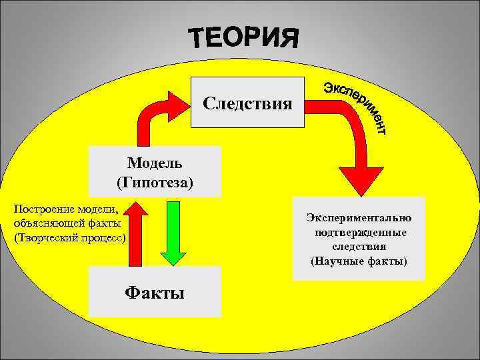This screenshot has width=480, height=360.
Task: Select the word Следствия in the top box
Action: click(x=248, y=103)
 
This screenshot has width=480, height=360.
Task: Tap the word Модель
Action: click(x=155, y=163)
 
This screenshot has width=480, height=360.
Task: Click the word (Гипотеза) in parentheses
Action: click(x=155, y=181)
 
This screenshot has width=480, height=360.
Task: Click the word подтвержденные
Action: click(x=360, y=232)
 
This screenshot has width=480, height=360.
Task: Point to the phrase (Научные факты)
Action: click(x=360, y=261)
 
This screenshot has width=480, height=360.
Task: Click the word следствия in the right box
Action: click(x=360, y=246)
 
